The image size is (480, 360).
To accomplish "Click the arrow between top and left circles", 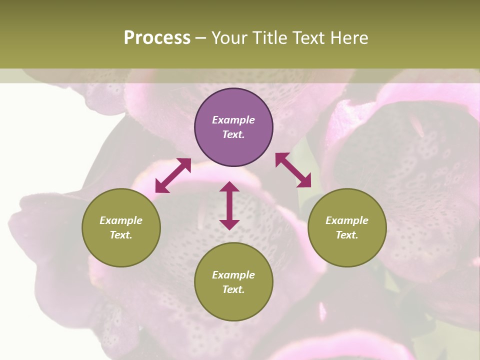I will coord(173,175).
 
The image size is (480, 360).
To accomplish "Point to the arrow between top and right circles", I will coord(293,170).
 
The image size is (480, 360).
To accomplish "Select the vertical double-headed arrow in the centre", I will coord(229,205).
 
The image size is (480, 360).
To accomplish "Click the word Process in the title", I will coord(157,38).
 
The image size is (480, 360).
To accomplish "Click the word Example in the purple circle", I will coord(233,120).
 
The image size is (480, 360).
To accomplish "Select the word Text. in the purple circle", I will coord(233,134).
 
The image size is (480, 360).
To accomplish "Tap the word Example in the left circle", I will coord(121,220).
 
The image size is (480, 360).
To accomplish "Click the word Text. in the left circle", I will coord(121,235).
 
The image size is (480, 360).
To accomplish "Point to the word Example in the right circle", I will coord(347,220).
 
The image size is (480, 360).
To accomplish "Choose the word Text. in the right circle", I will coord(347,235).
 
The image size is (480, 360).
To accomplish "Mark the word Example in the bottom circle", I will coord(233,275).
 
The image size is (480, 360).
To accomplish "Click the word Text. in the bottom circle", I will coord(233,289).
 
